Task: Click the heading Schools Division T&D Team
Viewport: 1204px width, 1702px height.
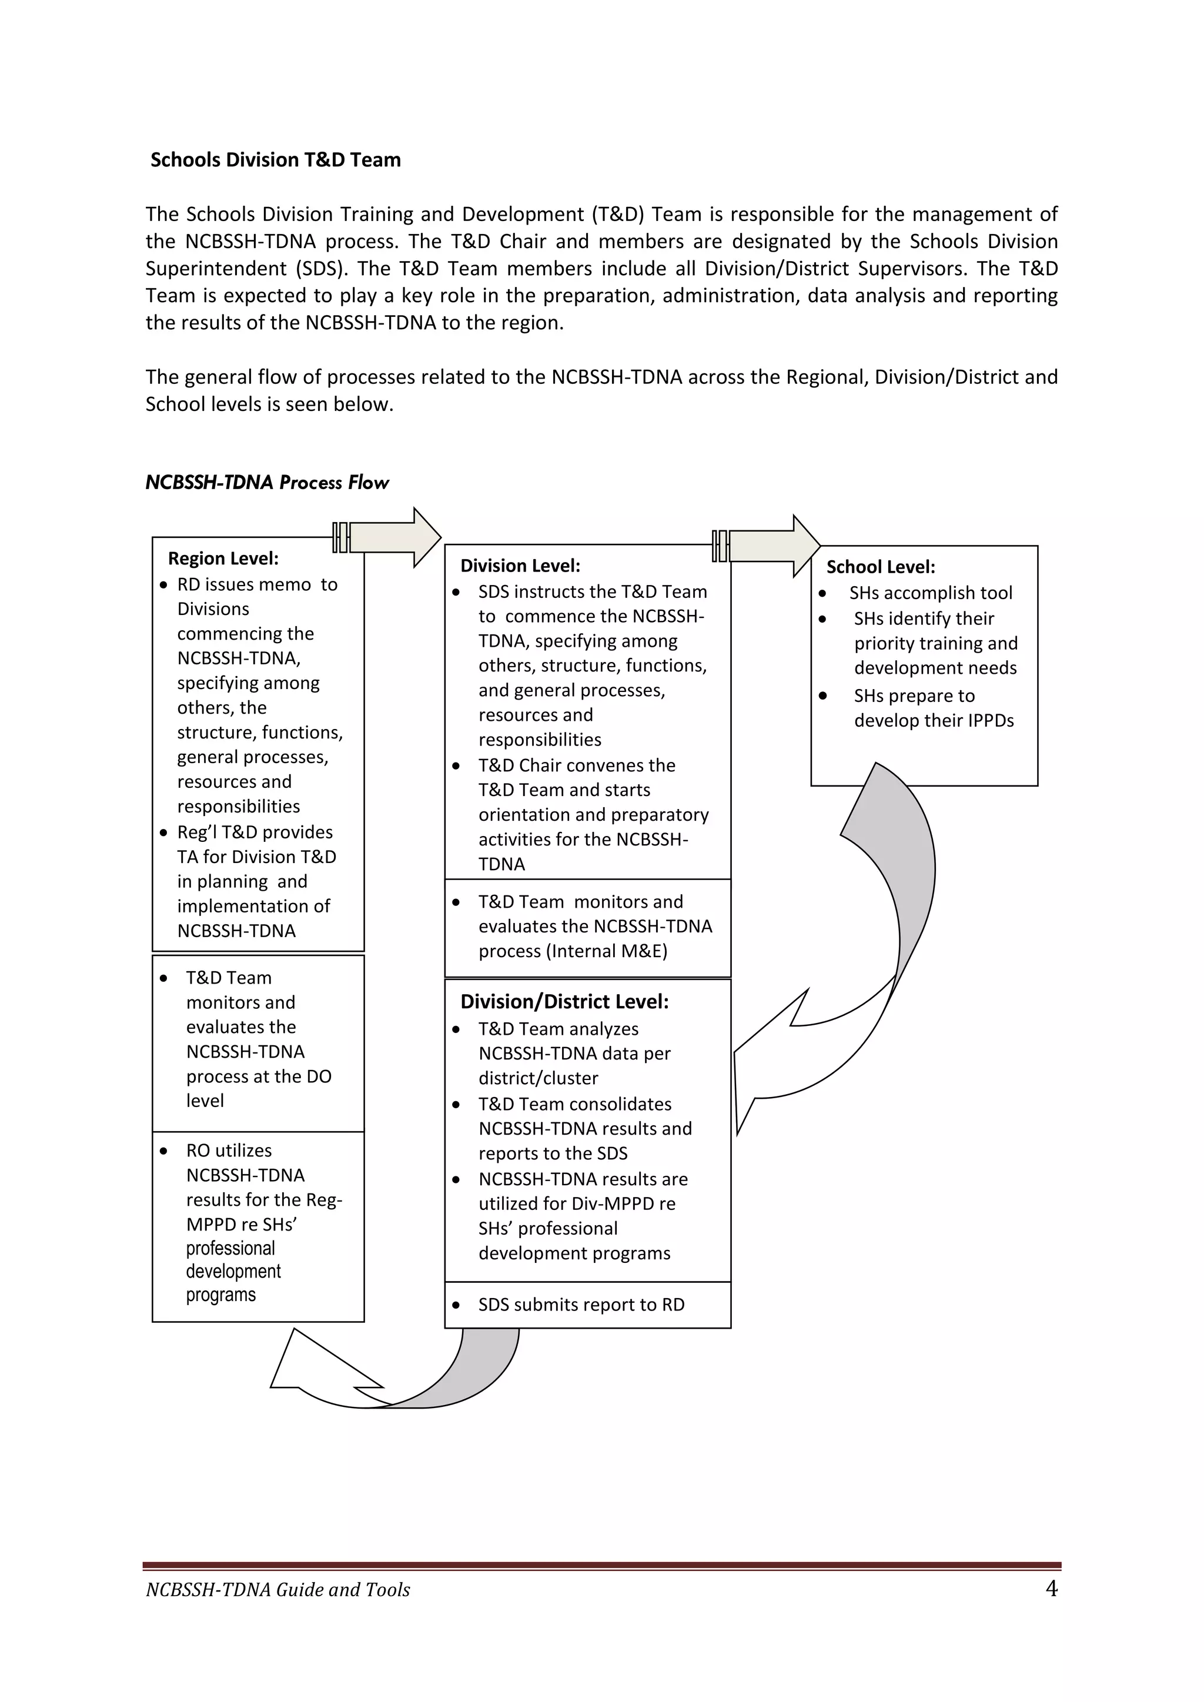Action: click(275, 160)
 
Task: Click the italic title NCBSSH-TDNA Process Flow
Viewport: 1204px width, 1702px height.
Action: click(267, 483)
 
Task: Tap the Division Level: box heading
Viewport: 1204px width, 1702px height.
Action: click(520, 566)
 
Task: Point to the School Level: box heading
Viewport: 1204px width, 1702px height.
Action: click(880, 567)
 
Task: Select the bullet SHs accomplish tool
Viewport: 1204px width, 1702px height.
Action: click(931, 593)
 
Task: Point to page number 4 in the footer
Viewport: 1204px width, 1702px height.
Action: click(1051, 1589)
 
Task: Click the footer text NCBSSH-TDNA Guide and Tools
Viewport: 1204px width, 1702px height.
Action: click(278, 1590)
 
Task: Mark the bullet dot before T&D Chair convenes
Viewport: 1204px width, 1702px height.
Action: click(456, 765)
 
